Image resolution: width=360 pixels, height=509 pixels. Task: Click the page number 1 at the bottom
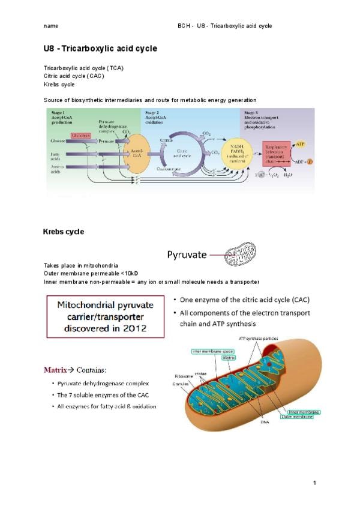[x=313, y=484]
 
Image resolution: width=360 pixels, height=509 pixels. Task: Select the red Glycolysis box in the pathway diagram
[x=81, y=136]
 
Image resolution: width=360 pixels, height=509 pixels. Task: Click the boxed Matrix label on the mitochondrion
[x=229, y=358]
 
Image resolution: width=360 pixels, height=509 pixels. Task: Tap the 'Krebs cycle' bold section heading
[x=64, y=232]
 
